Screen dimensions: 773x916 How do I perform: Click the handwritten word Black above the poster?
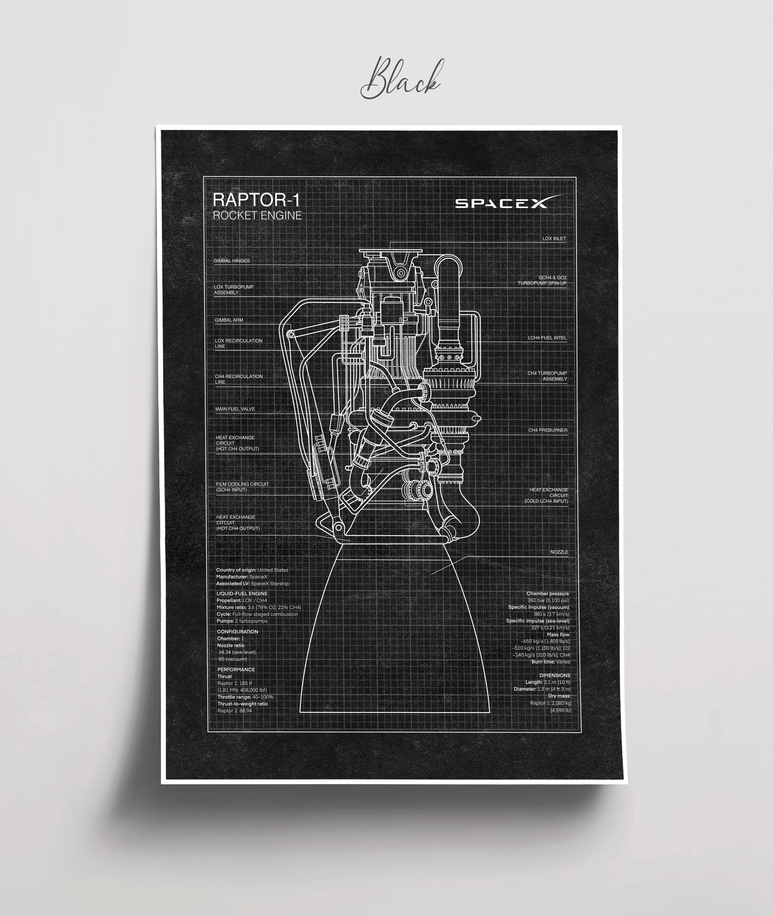tap(401, 79)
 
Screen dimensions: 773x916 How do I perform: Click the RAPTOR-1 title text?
tap(256, 200)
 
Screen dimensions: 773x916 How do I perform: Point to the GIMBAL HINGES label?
tap(232, 261)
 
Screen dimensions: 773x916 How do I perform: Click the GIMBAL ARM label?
tap(229, 320)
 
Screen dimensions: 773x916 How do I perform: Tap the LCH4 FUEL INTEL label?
tap(547, 338)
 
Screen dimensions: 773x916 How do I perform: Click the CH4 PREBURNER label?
tap(548, 430)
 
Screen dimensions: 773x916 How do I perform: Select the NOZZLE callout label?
tap(559, 552)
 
